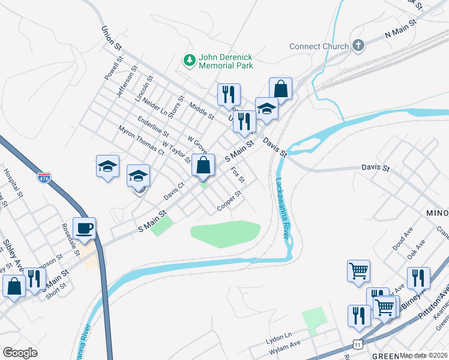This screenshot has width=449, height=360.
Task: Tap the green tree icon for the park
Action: [190, 60]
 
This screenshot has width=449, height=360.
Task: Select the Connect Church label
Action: [319, 46]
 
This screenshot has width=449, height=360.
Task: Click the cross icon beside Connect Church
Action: [358, 46]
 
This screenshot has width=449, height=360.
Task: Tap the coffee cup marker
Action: [84, 228]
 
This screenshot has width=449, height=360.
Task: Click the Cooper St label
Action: [229, 201]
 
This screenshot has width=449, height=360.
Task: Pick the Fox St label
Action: [238, 175]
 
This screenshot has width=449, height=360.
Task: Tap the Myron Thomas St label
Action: [141, 140]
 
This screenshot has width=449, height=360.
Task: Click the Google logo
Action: [20, 352]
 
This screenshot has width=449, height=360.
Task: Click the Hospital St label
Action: [12, 183]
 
